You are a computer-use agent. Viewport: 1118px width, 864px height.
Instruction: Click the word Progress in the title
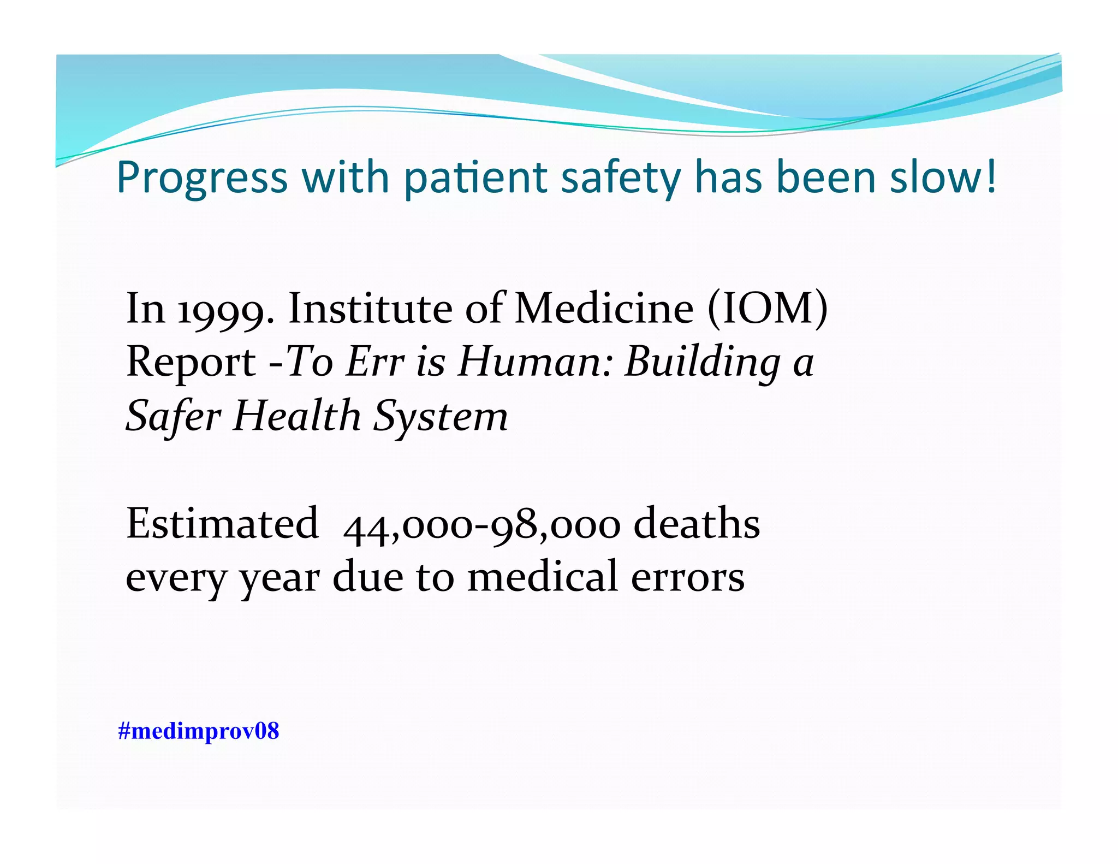[202, 179]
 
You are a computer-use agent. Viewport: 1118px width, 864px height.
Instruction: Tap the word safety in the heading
[621, 179]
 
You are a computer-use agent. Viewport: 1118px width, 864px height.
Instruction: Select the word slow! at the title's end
[943, 177]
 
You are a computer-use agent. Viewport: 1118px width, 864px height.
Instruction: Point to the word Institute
[370, 309]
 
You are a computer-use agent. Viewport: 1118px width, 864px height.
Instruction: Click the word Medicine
[604, 309]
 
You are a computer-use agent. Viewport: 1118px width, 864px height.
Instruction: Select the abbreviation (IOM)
[768, 310]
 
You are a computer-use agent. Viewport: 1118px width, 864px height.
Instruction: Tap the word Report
[191, 363]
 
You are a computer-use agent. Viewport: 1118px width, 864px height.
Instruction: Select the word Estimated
[222, 524]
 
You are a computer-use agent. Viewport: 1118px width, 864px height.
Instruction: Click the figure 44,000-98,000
[481, 525]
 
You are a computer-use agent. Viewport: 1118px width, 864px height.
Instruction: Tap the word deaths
[697, 524]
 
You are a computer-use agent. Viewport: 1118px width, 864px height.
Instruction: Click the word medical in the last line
[543, 577]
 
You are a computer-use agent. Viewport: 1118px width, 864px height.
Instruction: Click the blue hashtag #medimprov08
[198, 731]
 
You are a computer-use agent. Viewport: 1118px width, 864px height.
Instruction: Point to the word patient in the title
[475, 179]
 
